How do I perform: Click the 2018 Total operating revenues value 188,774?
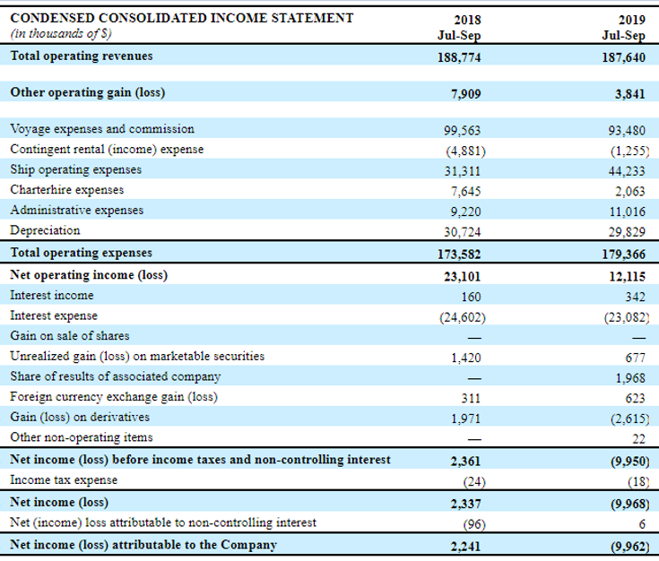[x=459, y=57]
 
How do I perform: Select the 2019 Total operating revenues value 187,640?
[x=623, y=57]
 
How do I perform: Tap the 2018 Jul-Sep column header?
[x=459, y=27]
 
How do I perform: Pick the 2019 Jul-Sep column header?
[x=623, y=27]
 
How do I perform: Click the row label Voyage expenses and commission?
[x=102, y=129]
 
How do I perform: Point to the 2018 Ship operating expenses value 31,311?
[x=463, y=171]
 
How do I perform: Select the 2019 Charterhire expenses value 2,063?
[x=629, y=192]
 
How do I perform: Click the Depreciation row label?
[x=45, y=230]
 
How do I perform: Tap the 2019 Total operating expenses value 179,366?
[x=623, y=255]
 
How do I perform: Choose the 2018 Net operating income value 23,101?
[x=462, y=277]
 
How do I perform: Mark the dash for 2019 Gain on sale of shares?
[x=638, y=338]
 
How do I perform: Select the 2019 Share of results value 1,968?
[x=630, y=378]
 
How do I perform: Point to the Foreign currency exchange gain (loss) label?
[x=114, y=397]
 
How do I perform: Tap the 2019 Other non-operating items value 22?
[x=638, y=439]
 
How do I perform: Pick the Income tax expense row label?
[x=64, y=479]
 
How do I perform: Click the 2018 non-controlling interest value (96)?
[x=474, y=524]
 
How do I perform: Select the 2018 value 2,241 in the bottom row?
[x=465, y=547]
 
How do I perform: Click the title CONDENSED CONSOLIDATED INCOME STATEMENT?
[x=181, y=18]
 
